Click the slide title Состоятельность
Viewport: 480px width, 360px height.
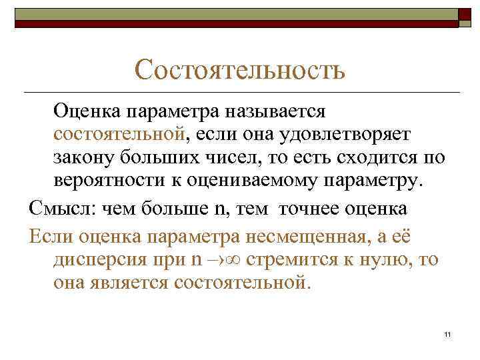[x=239, y=69]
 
